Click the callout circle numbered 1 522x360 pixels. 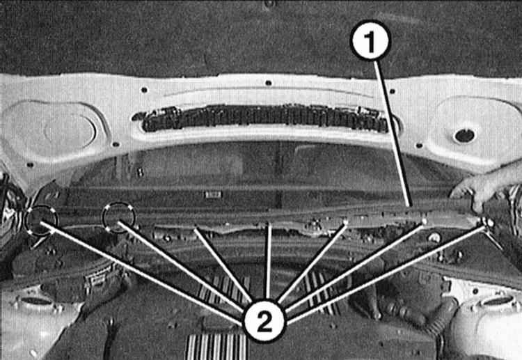pos(370,40)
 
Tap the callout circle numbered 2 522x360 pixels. pos(264,321)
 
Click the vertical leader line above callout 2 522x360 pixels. pos(269,261)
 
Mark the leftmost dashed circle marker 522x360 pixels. pos(41,220)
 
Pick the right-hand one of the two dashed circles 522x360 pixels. pos(119,217)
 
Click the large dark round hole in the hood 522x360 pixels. pos(464,136)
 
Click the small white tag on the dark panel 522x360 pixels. pos(213,194)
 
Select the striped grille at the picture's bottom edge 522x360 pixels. pos(216,347)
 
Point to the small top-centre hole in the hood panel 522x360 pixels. pos(269,83)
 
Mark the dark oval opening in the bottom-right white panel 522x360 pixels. pos(496,301)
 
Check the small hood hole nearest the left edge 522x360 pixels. pos(31,164)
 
